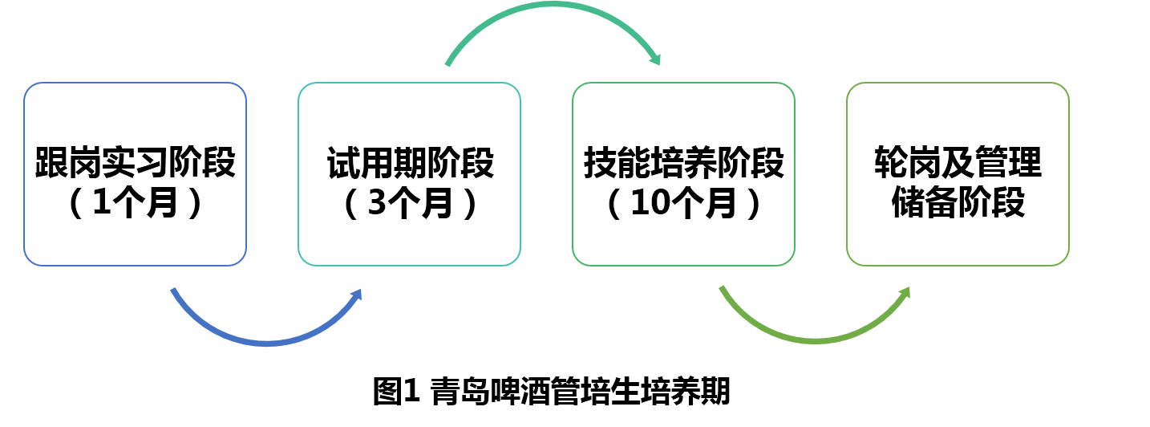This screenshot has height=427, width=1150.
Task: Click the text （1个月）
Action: [135, 204]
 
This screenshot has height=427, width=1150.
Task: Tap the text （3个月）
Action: [410, 204]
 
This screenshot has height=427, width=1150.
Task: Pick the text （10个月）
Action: [684, 204]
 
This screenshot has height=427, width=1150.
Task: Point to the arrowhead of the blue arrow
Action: [358, 294]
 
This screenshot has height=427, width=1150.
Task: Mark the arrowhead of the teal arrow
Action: [656, 59]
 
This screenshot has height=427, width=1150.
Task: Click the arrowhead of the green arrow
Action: [906, 292]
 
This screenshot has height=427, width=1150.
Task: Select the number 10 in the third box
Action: [650, 205]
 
